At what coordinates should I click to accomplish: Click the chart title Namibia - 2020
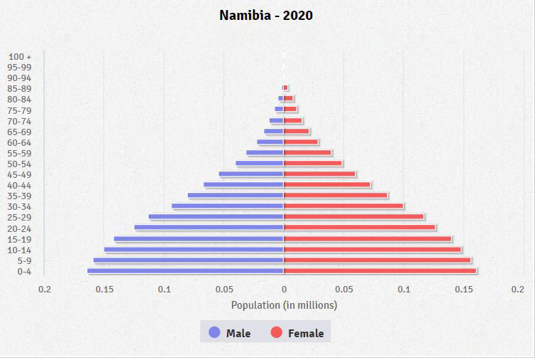(x=266, y=15)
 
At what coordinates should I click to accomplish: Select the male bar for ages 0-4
(x=186, y=271)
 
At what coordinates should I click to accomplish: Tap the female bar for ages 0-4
(x=380, y=271)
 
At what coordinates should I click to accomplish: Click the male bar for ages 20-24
(x=209, y=228)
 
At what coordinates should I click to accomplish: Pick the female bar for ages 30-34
(x=344, y=206)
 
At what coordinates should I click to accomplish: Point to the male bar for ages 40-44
(x=244, y=185)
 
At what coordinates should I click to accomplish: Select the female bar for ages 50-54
(x=313, y=164)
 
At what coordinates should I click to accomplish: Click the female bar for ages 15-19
(x=368, y=239)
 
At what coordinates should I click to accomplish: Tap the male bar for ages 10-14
(x=194, y=250)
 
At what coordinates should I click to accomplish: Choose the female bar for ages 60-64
(x=301, y=142)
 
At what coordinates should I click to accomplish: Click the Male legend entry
(x=229, y=333)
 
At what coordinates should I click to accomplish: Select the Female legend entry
(x=297, y=333)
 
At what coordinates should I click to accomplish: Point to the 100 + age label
(x=20, y=56)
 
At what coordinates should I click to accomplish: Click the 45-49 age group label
(x=19, y=174)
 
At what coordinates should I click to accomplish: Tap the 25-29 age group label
(x=19, y=217)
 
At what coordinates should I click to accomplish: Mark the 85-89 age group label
(x=19, y=88)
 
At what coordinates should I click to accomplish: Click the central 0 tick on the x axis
(x=284, y=290)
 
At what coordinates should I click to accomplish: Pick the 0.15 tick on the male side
(x=105, y=290)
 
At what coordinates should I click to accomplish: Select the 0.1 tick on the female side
(x=404, y=290)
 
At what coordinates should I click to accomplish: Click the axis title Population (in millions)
(x=284, y=305)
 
